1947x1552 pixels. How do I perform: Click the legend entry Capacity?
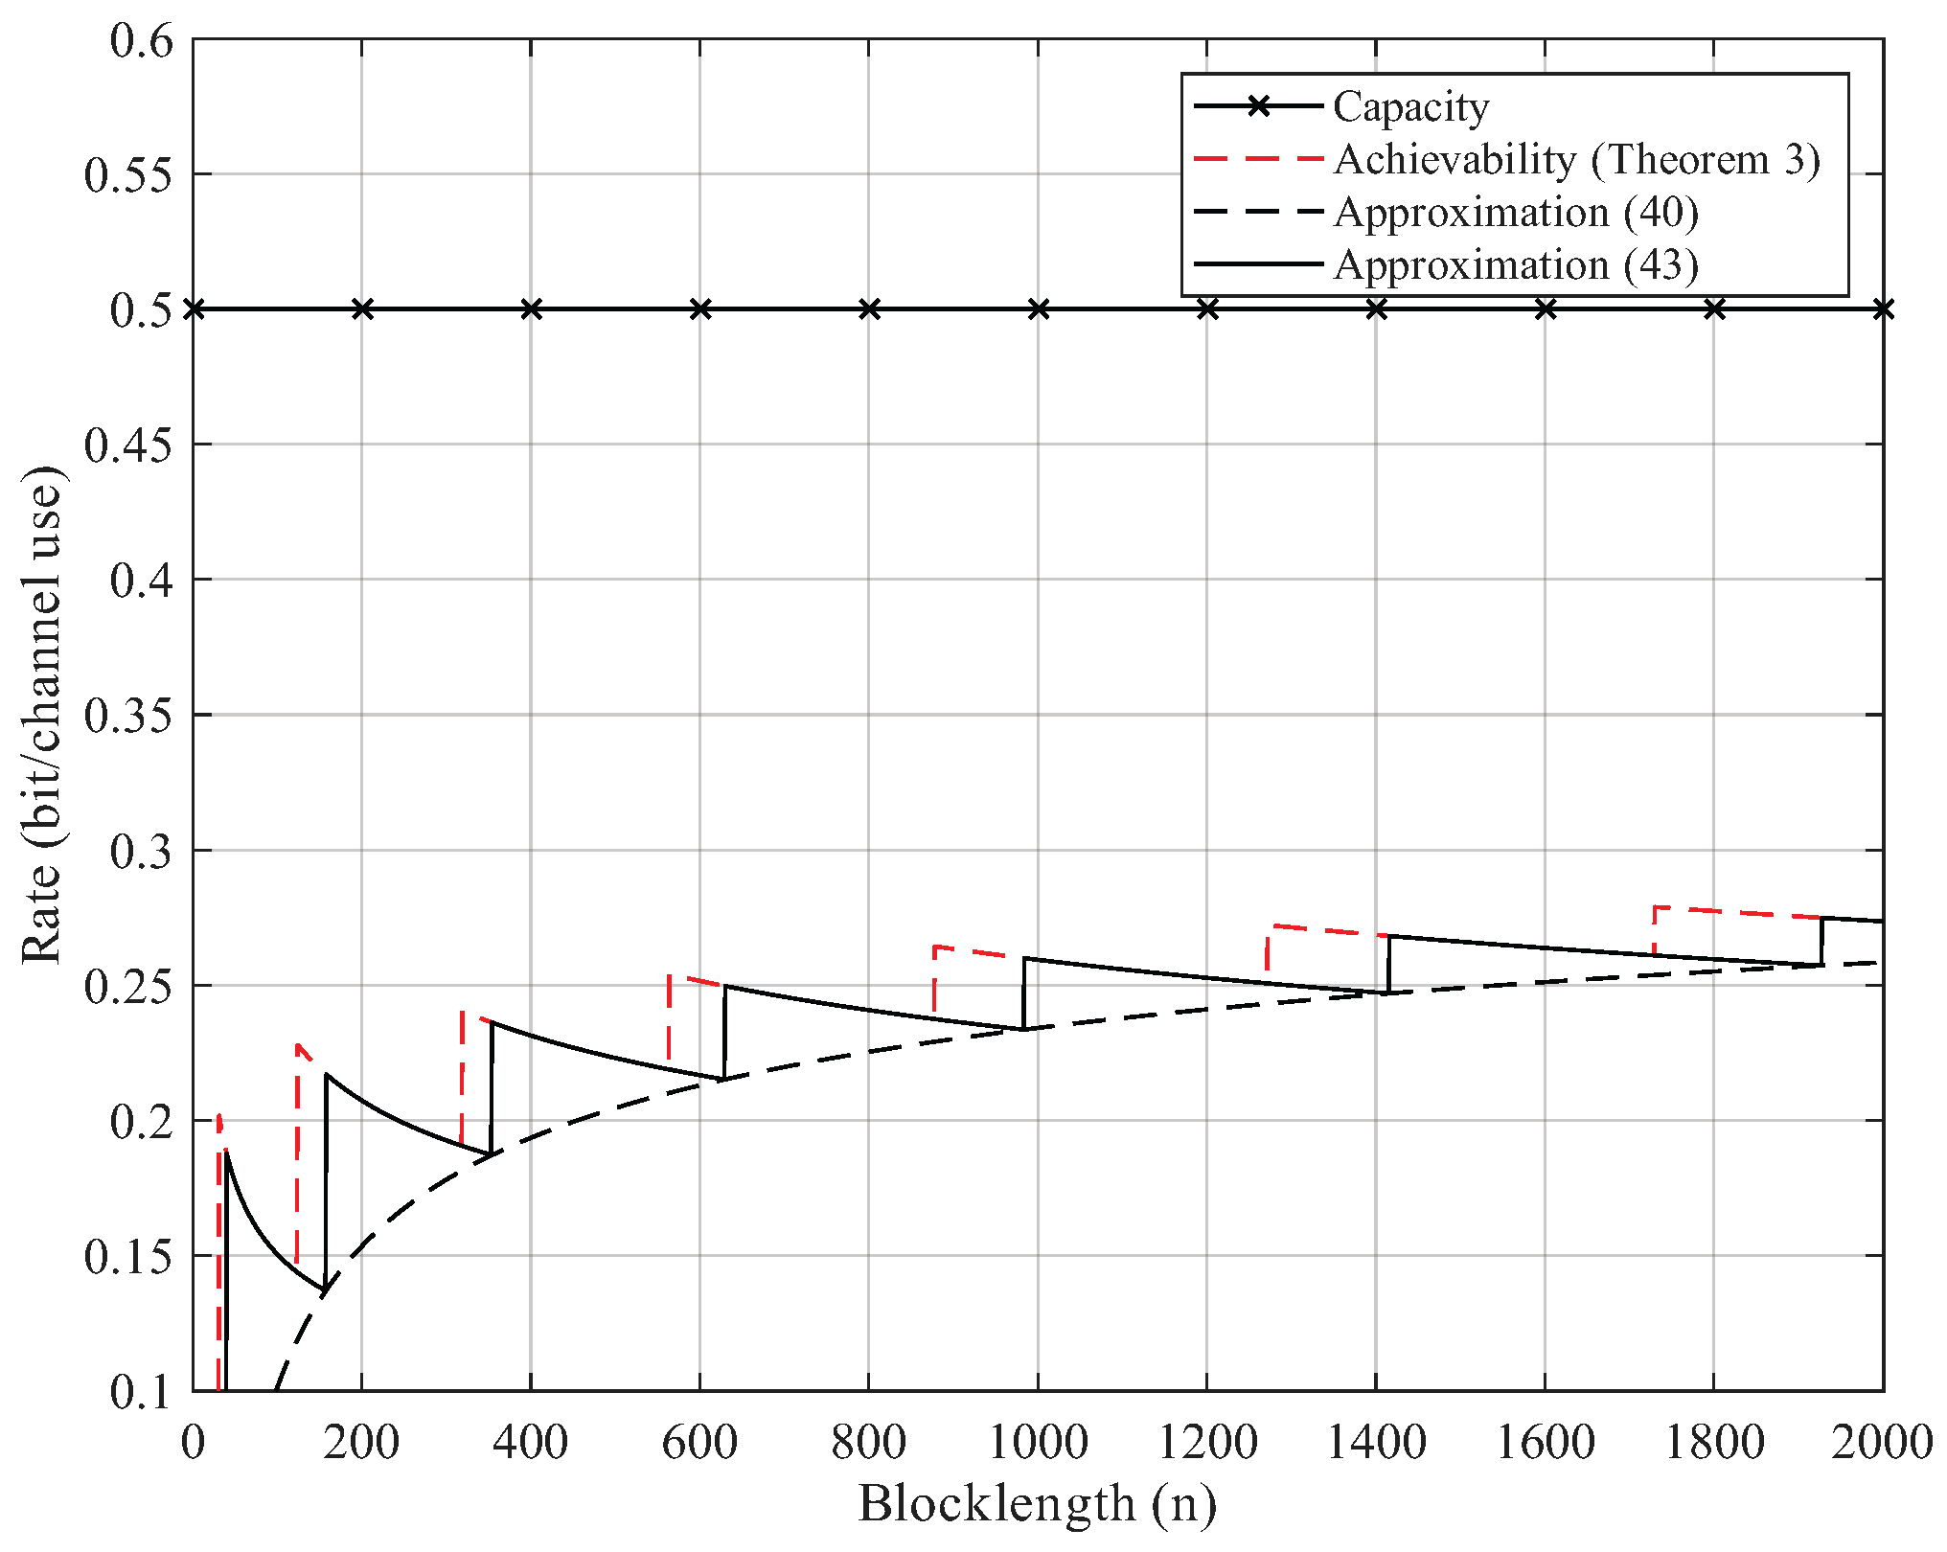(x=1410, y=106)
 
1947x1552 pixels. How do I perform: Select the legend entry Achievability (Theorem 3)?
(x=1576, y=159)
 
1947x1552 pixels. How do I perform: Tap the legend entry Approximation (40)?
(x=1516, y=212)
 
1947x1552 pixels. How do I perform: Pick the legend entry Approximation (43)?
(x=1516, y=264)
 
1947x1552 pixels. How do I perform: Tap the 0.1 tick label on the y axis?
(x=143, y=1391)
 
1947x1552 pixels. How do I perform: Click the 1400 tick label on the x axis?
(x=1376, y=1442)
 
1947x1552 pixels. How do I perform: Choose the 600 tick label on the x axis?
(x=699, y=1442)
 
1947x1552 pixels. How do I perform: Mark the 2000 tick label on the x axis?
(x=1882, y=1442)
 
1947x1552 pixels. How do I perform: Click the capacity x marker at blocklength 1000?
(x=1038, y=309)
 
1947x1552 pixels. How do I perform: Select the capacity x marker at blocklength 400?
(x=531, y=309)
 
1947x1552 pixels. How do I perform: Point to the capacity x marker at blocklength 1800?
(x=1714, y=309)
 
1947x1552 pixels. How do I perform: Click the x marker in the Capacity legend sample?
(x=1258, y=106)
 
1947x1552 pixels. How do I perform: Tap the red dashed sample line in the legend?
(x=1258, y=159)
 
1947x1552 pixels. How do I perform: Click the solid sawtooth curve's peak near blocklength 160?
(x=327, y=1075)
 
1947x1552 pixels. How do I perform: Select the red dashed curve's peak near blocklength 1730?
(x=1656, y=907)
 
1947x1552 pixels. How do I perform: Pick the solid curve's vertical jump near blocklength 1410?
(x=1388, y=964)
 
